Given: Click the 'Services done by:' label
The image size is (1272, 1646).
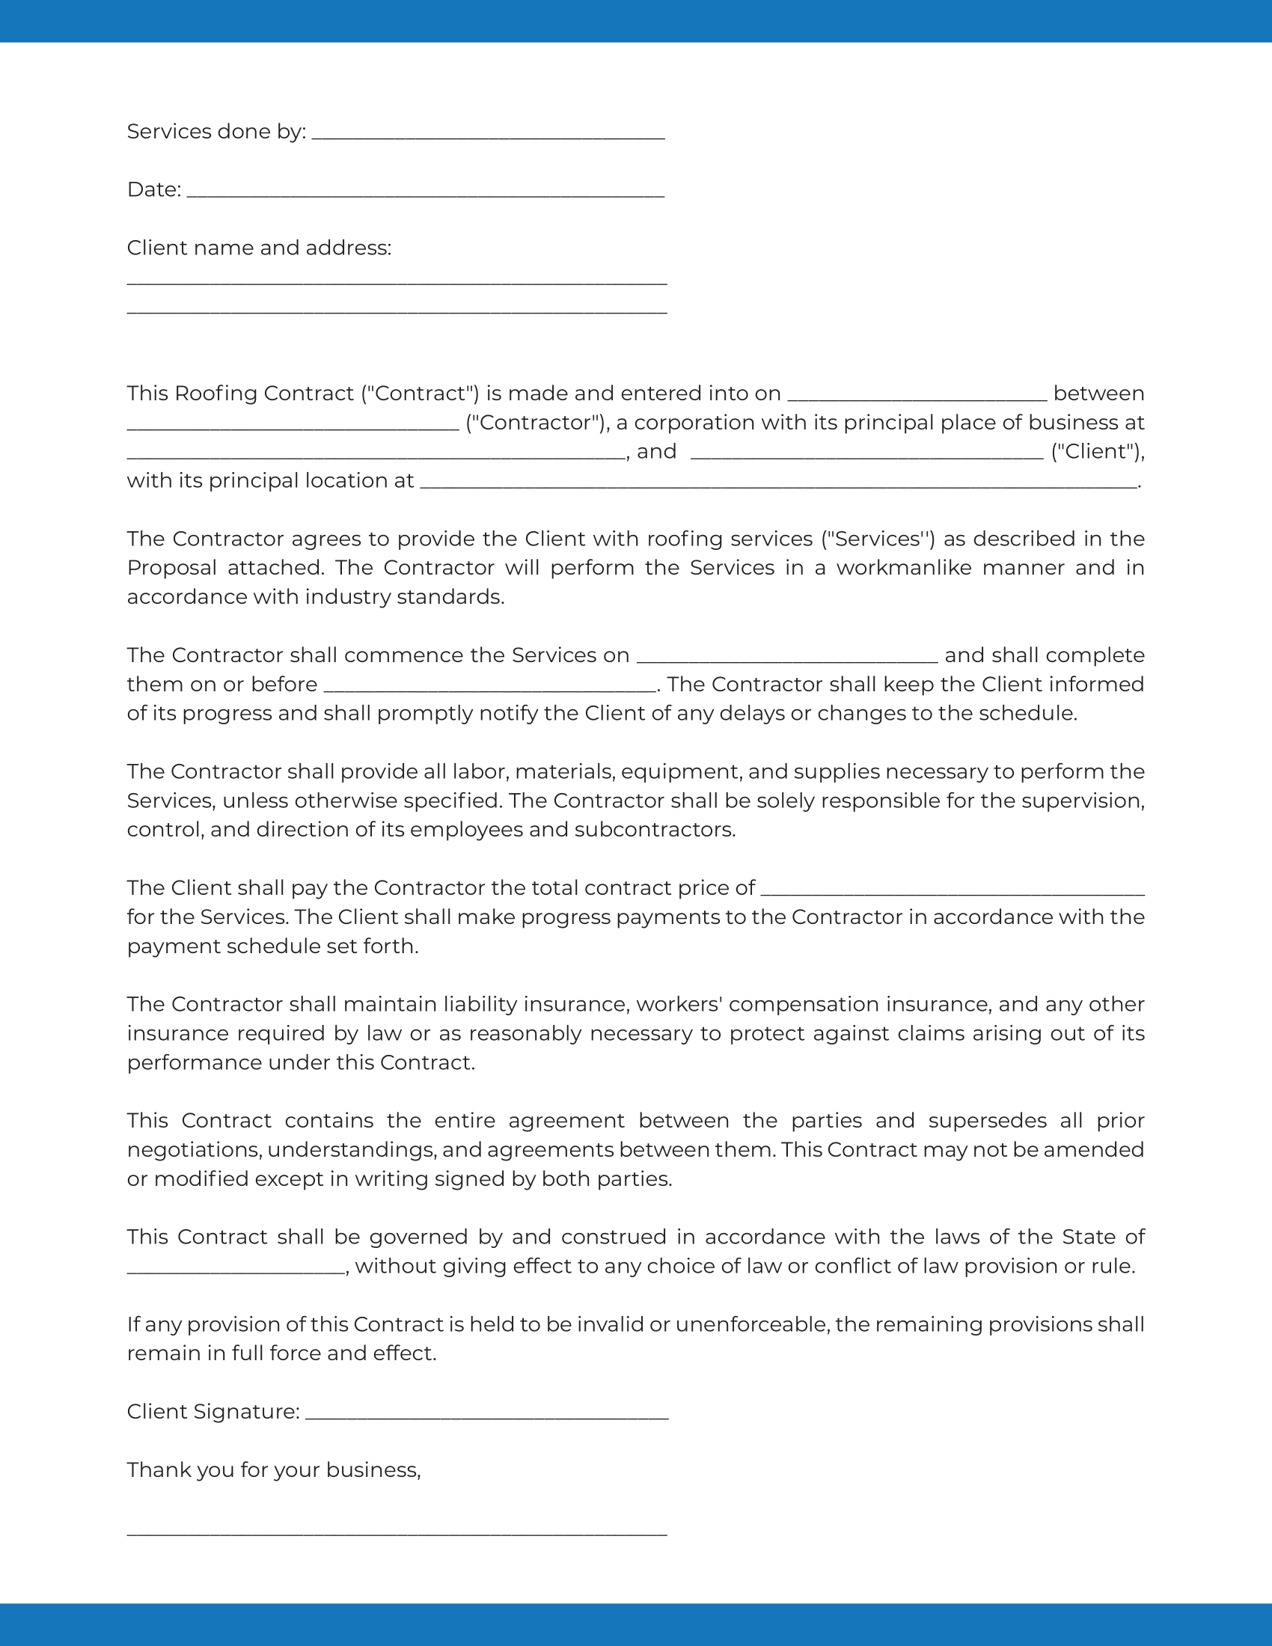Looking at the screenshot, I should click(215, 132).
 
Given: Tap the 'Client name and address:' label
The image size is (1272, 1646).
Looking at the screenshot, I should click(258, 248).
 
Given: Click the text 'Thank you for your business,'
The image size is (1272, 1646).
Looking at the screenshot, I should click(273, 1469).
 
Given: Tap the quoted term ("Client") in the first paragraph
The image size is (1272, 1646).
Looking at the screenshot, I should click(1097, 451).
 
